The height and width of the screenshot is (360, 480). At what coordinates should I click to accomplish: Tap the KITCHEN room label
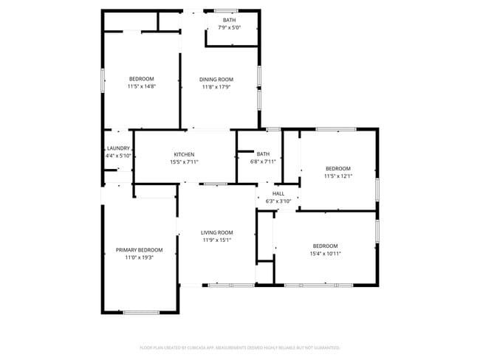[x=184, y=154]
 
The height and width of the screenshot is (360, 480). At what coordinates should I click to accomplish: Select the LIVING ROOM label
[x=217, y=232]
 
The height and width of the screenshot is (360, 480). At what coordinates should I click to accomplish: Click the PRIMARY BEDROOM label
[x=139, y=250]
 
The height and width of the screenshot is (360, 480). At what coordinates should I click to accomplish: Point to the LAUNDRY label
[x=118, y=148]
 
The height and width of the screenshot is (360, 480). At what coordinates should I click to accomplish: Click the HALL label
[x=278, y=193]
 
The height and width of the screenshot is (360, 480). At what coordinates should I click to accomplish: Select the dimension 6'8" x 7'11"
[x=263, y=162]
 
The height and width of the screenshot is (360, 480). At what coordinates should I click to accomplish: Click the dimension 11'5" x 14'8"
[x=141, y=86]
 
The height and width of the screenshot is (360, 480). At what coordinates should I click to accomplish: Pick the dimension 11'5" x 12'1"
[x=338, y=176]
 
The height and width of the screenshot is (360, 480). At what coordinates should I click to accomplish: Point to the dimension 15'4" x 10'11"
[x=325, y=253]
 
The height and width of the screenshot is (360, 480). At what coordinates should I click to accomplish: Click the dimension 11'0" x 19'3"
[x=139, y=257]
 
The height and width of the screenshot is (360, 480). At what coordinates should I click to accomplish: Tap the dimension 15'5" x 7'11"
[x=184, y=162]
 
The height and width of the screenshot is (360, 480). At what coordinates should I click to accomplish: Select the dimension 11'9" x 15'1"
[x=217, y=240]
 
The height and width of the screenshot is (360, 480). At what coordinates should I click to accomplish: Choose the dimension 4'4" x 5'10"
[x=118, y=156]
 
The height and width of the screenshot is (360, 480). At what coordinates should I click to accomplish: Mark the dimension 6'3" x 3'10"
[x=278, y=200]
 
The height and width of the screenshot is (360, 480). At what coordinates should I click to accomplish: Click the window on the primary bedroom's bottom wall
[x=141, y=313]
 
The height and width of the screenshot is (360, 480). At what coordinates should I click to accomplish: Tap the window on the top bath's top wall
[x=226, y=10]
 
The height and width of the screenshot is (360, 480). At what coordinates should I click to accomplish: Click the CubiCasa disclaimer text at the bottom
[x=239, y=347]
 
